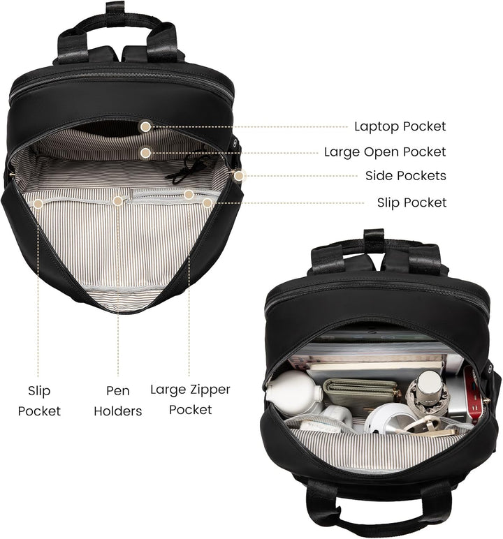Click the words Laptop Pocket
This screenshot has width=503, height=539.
point(400,126)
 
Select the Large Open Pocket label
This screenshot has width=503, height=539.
point(385,152)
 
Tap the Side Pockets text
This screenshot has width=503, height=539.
point(406,176)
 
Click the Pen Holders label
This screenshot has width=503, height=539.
point(117,401)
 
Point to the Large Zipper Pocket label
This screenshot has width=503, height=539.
point(190,399)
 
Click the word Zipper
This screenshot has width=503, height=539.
point(210,390)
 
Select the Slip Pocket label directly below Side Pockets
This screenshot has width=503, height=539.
point(411,202)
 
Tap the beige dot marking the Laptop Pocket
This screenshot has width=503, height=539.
point(146,126)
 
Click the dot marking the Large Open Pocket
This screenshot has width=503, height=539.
point(146,153)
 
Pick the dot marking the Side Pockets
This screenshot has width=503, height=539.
point(238,176)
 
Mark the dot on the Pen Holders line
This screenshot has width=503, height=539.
point(118,201)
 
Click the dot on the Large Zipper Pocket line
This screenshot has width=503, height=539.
point(188,195)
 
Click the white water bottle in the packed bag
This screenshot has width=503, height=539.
point(293,392)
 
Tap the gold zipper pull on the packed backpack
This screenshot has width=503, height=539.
point(487,401)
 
